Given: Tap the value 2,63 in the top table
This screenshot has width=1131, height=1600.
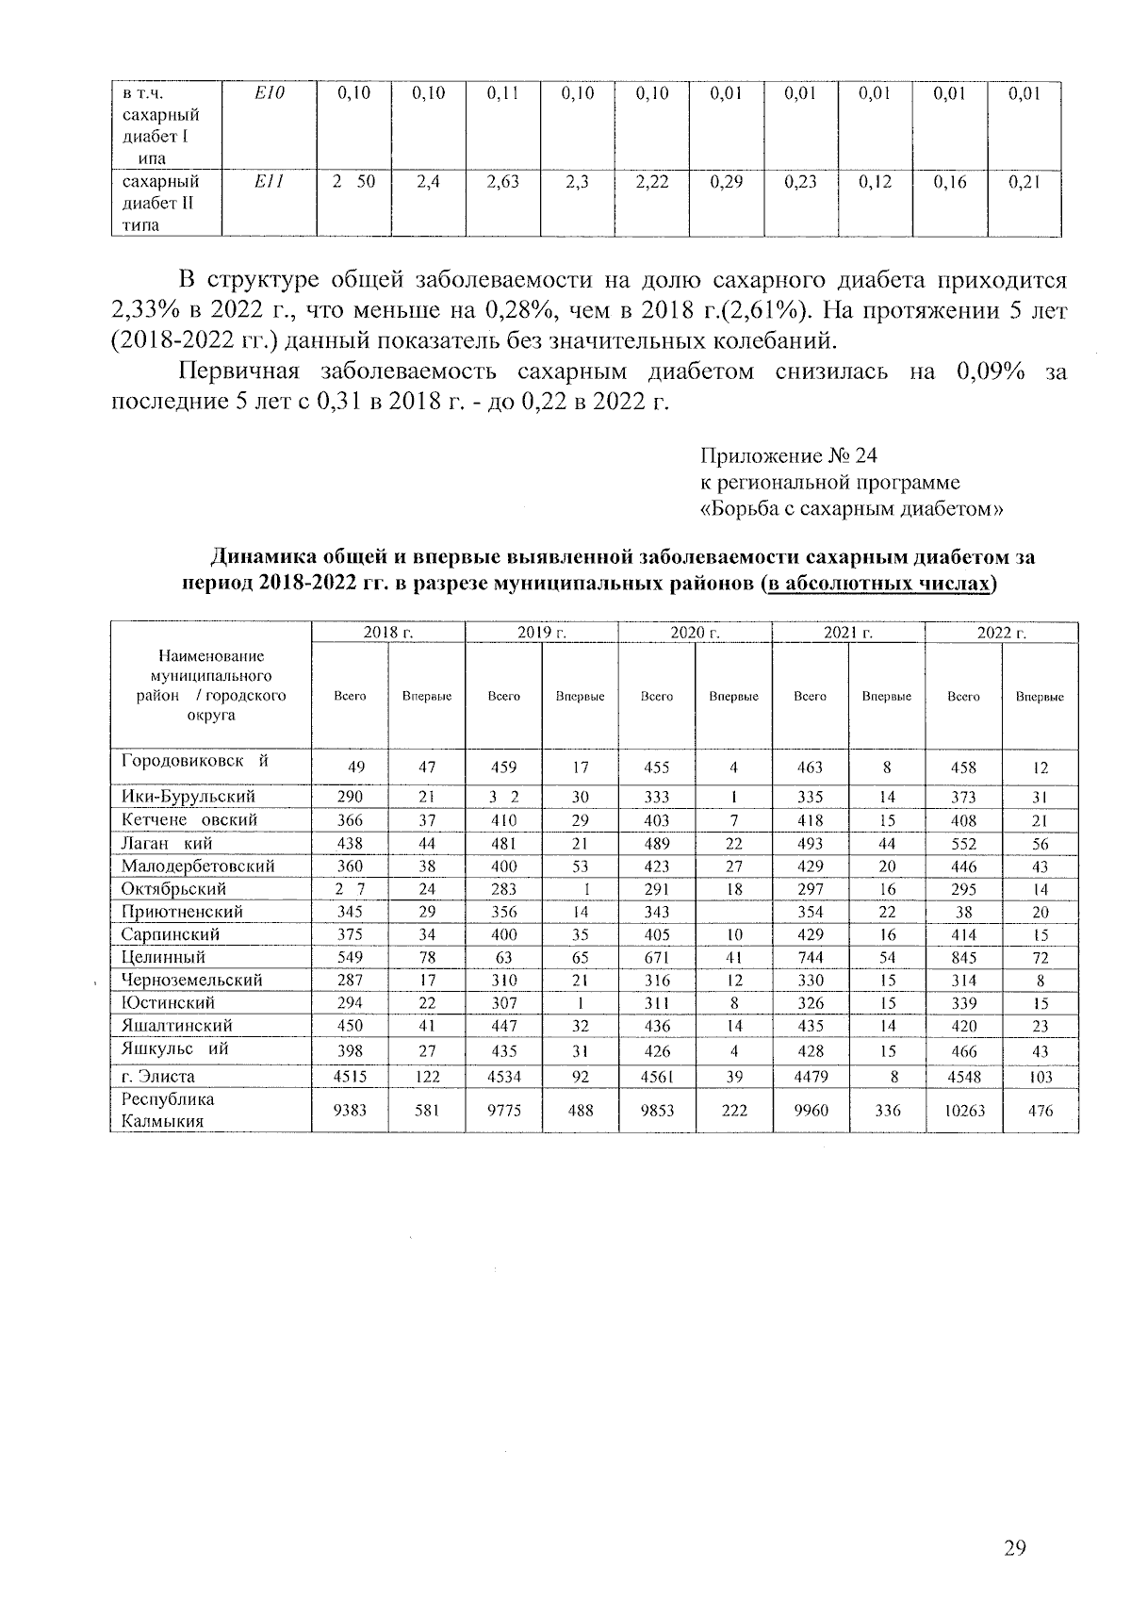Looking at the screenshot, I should coord(502,182).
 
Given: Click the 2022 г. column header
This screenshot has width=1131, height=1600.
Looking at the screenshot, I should coord(1001,633).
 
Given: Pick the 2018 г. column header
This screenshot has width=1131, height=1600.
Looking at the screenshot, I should coord(388,633).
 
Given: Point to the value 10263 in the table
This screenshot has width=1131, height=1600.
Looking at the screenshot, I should coord(963,1111).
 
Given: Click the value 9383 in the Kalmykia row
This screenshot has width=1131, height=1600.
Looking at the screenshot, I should coord(350,1111).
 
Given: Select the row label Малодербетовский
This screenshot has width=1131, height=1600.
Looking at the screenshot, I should coord(198,866).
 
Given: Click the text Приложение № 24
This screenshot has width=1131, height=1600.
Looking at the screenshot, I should coord(788,456).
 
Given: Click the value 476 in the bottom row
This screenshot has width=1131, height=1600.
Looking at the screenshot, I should coord(1041,1111).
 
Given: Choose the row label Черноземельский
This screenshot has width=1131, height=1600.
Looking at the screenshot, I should coord(191,980).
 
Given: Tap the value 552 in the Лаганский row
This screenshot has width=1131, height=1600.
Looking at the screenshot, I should coord(963,844).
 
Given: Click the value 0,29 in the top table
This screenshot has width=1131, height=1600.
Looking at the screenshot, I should coord(726,182).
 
